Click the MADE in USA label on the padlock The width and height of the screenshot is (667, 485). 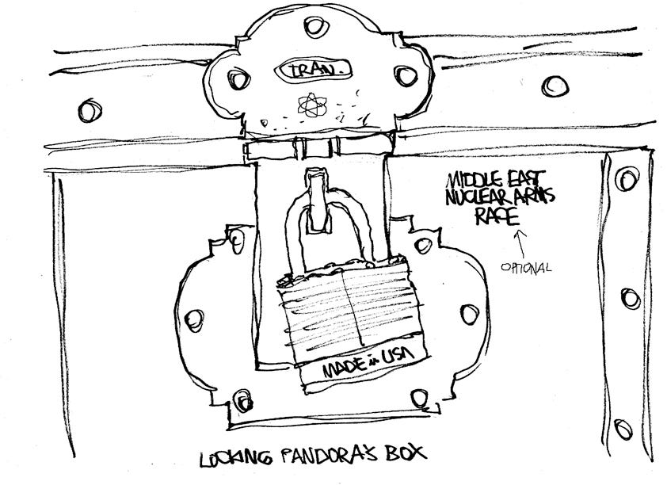pyautogui.click(x=359, y=368)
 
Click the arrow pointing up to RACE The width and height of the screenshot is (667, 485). pyautogui.click(x=520, y=238)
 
